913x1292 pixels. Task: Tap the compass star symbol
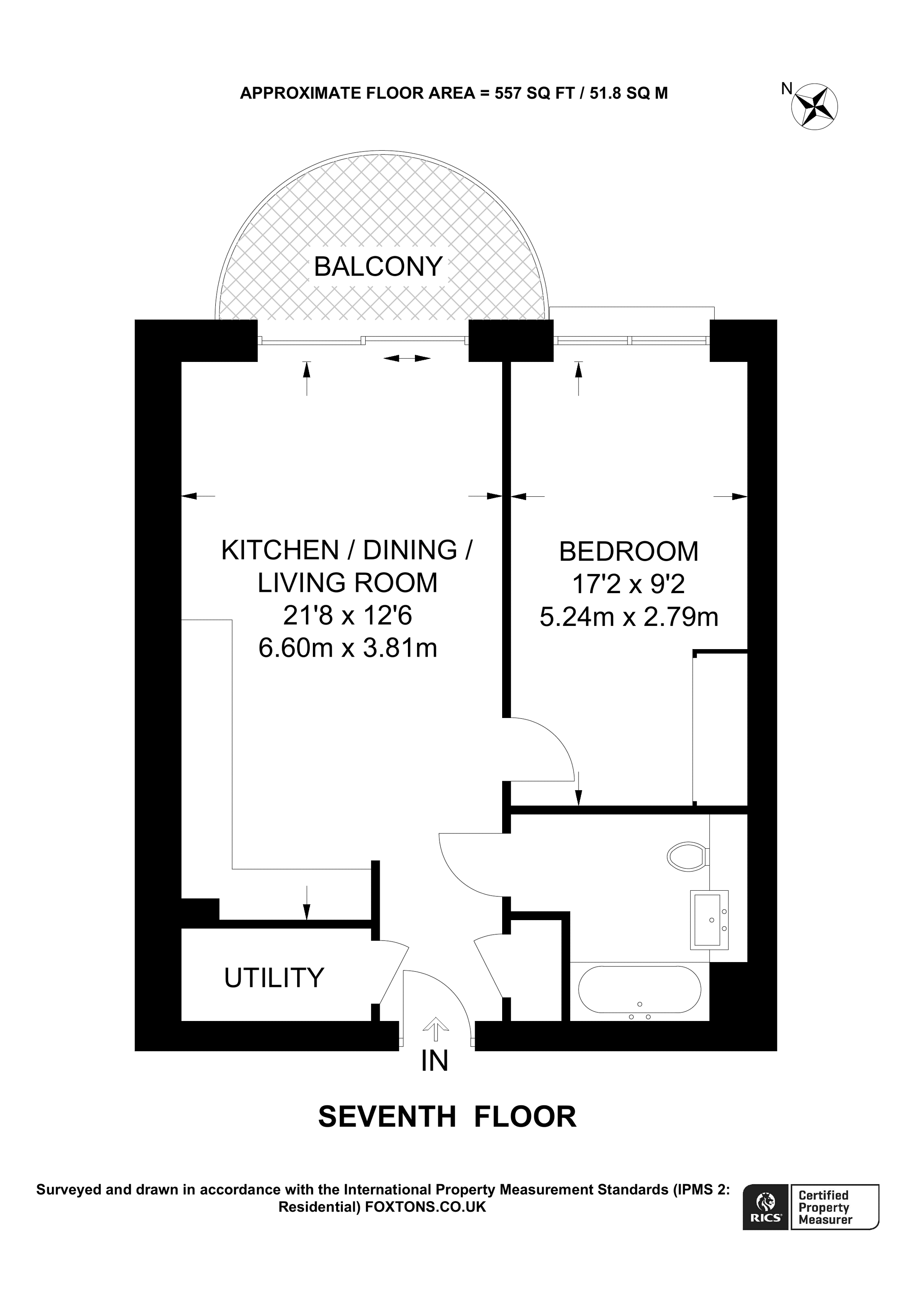point(815,106)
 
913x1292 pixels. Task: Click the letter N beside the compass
point(786,88)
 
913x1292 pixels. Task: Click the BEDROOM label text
point(628,552)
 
